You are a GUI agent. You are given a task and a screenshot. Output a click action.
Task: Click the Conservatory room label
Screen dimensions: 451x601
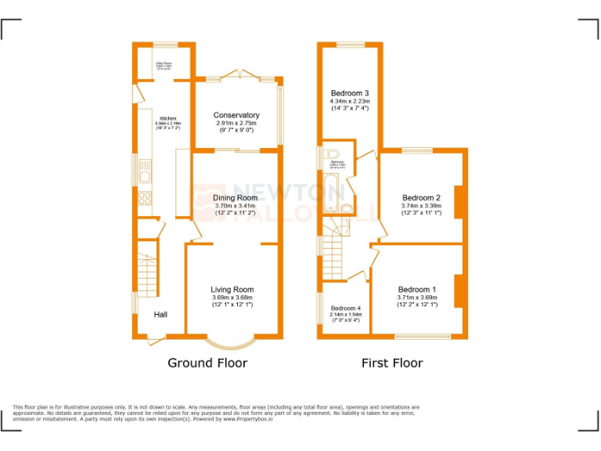236,115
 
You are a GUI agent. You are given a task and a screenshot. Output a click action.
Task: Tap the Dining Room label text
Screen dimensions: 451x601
235,198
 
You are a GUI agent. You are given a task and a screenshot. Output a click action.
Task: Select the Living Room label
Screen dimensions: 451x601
232,290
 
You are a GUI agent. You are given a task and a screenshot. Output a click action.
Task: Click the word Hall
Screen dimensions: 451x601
160,314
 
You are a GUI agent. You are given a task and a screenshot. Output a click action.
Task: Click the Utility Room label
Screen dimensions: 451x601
163,63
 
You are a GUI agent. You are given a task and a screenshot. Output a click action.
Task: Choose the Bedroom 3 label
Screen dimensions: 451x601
350,93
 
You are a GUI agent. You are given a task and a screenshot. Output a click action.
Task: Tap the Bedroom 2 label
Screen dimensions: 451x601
422,198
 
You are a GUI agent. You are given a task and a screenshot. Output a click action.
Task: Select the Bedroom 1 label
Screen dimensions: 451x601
417,290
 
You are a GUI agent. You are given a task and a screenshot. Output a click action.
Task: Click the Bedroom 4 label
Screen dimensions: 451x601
345,308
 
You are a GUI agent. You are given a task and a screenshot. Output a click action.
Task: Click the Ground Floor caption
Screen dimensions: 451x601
207,363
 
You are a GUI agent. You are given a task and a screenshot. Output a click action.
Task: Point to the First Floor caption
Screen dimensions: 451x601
391,363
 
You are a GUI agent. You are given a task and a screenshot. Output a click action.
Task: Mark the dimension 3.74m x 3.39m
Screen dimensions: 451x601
421,206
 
